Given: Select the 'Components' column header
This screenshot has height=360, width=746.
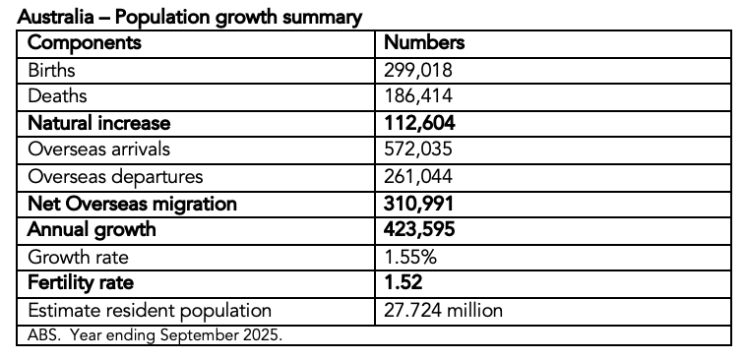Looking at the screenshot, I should coord(85,44).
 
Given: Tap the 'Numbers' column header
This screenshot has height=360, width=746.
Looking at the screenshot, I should coord(424,44).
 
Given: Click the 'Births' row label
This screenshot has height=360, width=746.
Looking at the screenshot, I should coord(52,71).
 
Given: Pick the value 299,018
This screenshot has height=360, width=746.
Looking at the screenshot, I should coord(418,71).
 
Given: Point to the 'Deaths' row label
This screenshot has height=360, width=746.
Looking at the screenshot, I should coord(57,96).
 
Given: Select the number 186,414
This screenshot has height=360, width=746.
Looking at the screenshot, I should coord(418,96).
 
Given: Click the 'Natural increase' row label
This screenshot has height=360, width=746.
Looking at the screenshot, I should coord(99,123).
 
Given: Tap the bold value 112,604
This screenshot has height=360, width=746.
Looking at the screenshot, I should coord(420,123).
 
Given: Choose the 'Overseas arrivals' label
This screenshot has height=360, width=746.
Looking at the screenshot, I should coord(99,150).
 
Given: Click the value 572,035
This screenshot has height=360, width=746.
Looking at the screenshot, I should coord(419,150).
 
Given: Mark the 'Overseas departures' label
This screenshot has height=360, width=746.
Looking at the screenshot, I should coord(116,177).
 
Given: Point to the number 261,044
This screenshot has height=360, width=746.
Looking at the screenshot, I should coord(419,177).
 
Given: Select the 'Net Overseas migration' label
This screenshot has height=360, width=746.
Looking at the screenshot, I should coord(133,204).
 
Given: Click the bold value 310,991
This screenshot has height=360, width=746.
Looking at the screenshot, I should coord(420,204).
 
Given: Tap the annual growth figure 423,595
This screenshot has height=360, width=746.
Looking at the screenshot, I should coord(421,230).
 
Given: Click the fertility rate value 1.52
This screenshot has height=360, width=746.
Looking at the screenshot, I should coord(404,283).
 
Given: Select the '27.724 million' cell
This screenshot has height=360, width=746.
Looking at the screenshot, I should coord(443,311).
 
